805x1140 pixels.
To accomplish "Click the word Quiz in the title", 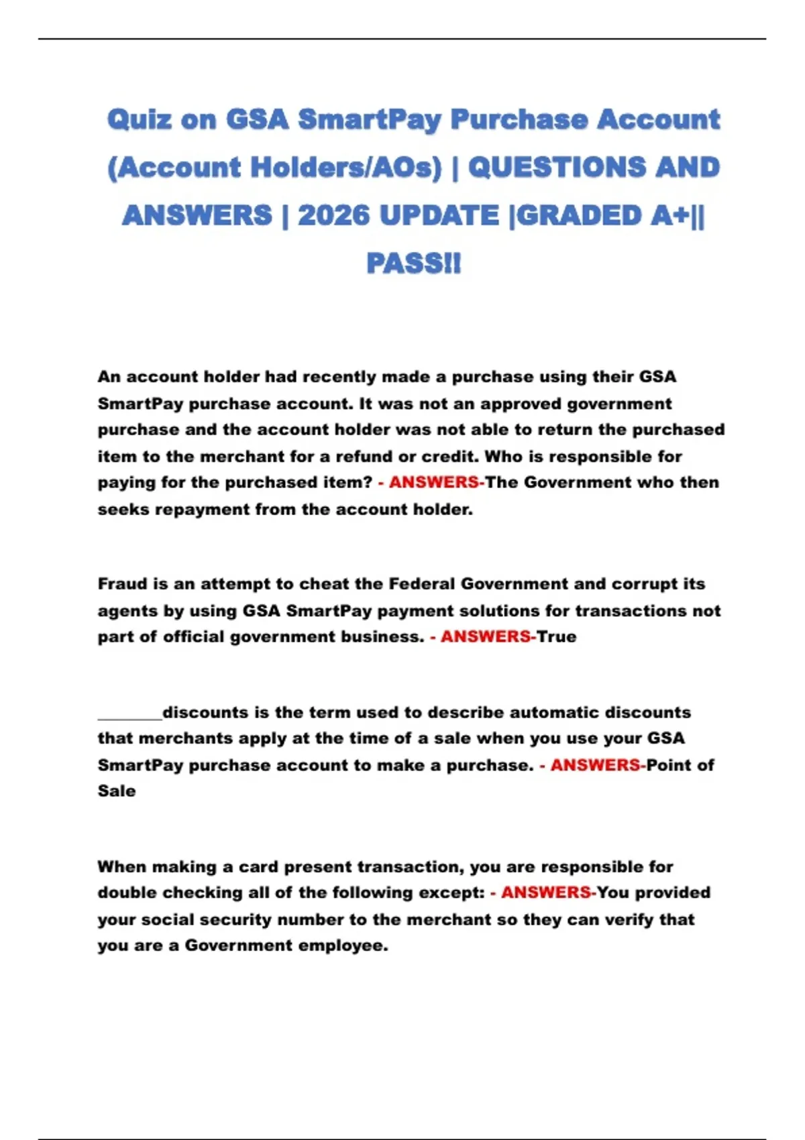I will click(x=140, y=120).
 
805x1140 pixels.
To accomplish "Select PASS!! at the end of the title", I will click(x=413, y=264).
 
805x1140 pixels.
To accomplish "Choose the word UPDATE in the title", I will click(x=439, y=216).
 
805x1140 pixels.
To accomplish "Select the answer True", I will click(x=557, y=637).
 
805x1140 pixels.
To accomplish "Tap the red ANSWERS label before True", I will click(x=485, y=637).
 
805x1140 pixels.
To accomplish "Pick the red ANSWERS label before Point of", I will click(x=595, y=765).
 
